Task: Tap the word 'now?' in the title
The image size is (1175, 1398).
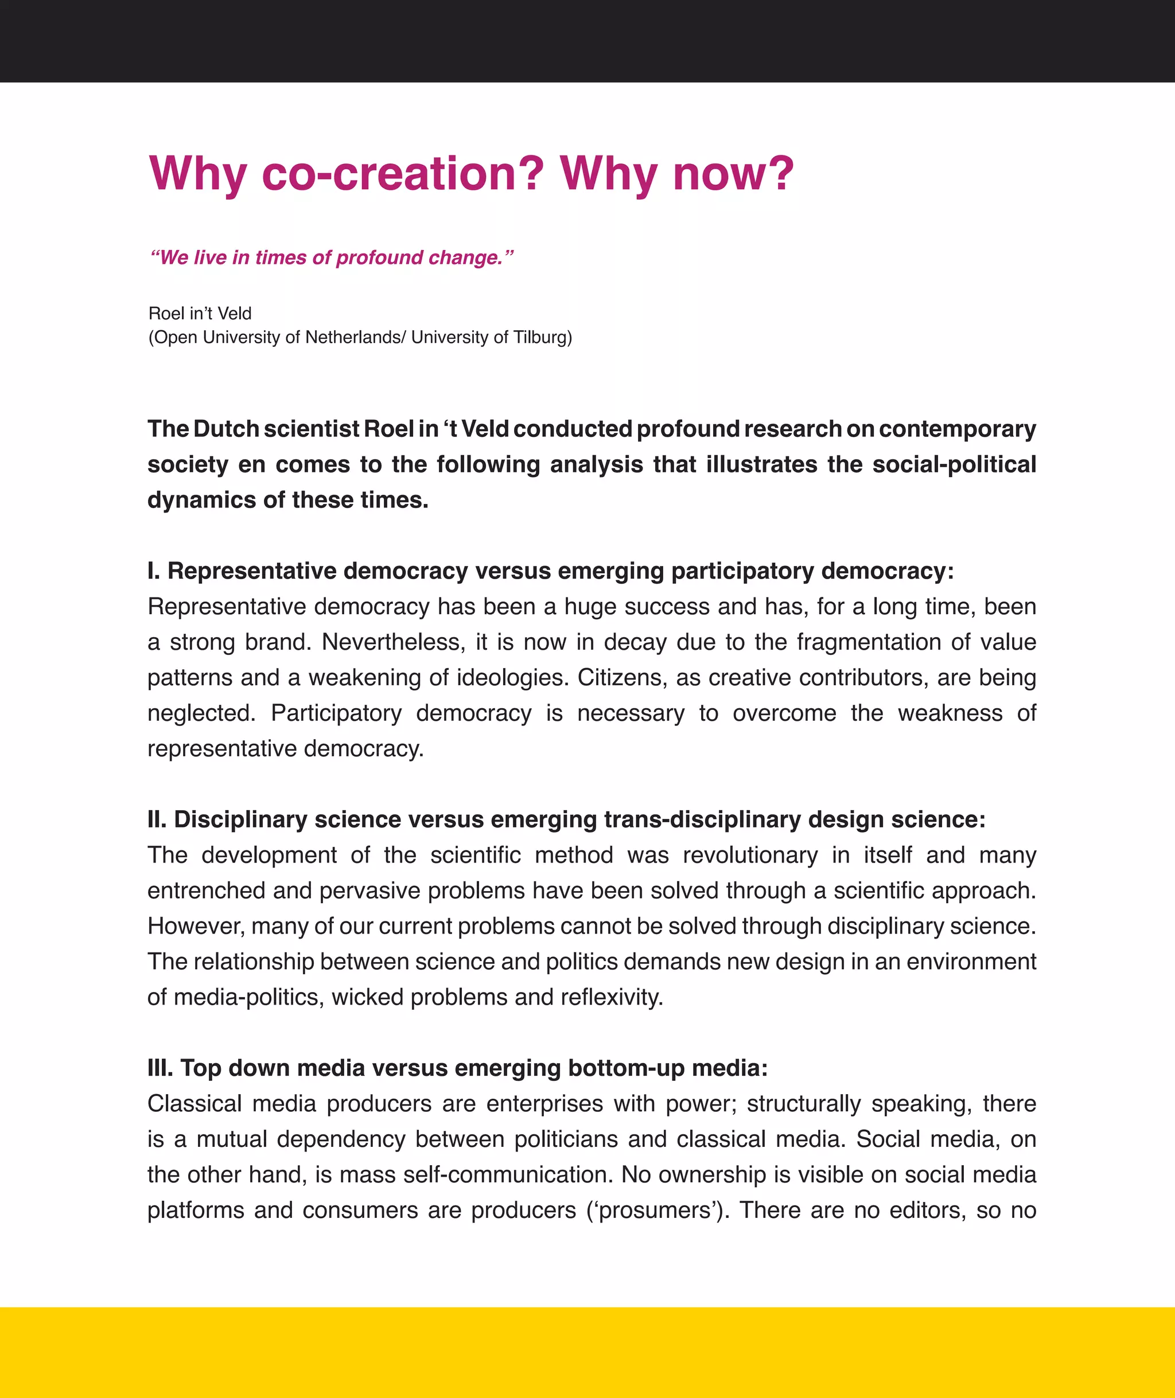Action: pyautogui.click(x=733, y=174)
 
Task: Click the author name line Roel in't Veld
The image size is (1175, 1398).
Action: pyautogui.click(x=200, y=314)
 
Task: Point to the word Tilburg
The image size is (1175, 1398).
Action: pyautogui.click(x=539, y=338)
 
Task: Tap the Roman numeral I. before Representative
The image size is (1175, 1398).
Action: pyautogui.click(x=153, y=571)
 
